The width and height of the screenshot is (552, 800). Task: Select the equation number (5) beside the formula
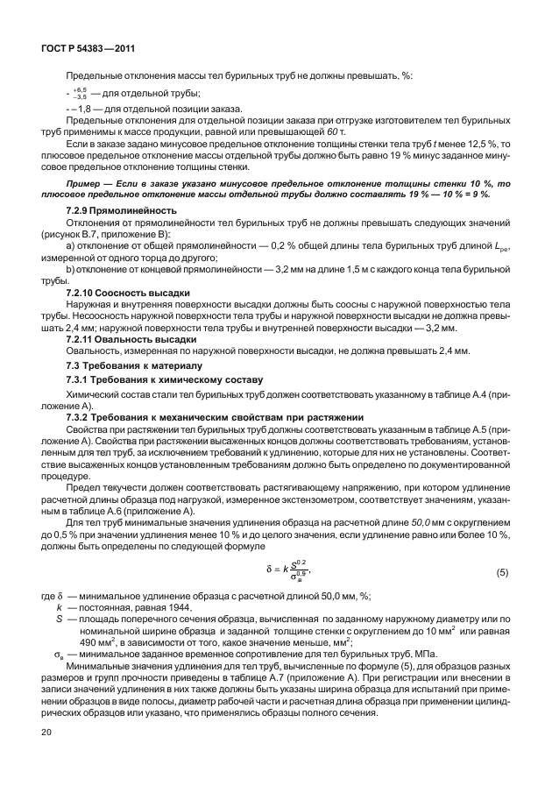[502, 573]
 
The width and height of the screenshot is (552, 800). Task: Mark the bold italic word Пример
[85, 182]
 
